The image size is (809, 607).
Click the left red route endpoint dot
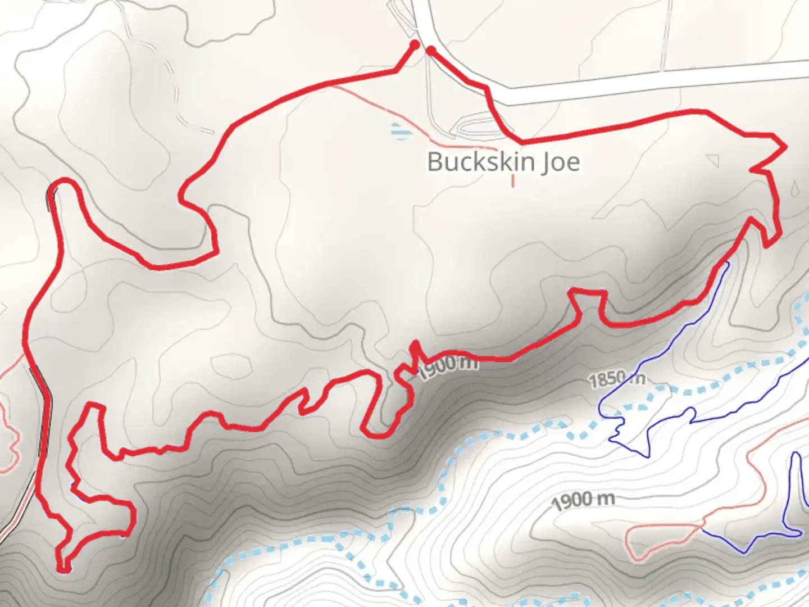pos(415,44)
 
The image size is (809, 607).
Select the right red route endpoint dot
pos(430,50)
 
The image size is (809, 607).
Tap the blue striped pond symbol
pos(398,131)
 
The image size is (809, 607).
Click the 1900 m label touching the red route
pos(448,366)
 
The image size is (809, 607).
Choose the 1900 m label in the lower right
pos(583,500)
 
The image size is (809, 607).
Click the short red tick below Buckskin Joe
pos(512,181)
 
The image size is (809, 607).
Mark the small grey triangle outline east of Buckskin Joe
pos(713,161)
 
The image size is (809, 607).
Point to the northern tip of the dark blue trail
pos(728,262)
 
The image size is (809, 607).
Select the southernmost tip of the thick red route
pos(64,570)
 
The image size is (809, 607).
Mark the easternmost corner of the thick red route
pos(784,147)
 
